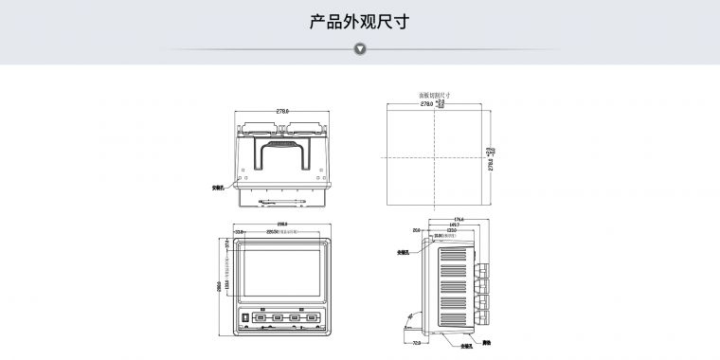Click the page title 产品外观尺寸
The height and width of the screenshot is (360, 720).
tap(359, 21)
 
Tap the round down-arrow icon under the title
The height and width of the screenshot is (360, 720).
tap(360, 48)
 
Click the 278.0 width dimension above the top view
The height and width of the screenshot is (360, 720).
tap(282, 111)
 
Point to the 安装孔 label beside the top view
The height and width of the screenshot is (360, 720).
tap(219, 188)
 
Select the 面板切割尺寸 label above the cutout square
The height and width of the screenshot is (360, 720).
tap(435, 96)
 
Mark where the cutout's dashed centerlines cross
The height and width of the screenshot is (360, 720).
tap(435, 155)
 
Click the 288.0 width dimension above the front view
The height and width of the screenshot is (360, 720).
tap(281, 225)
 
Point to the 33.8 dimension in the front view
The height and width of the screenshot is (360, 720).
tap(240, 231)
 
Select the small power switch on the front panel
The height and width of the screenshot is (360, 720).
tap(244, 316)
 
